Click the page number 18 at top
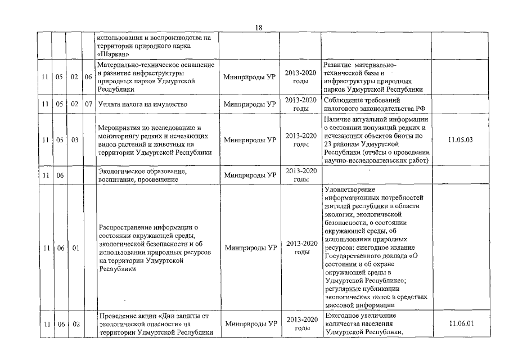click(x=259, y=28)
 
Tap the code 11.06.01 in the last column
click(x=460, y=323)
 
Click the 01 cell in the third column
click(x=73, y=247)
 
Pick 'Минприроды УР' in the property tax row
click(x=249, y=105)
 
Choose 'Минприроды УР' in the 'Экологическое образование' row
click(x=249, y=175)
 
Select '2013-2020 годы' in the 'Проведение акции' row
click(x=301, y=324)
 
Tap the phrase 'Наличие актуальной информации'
click(x=376, y=119)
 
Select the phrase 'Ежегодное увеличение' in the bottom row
click(x=360, y=316)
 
